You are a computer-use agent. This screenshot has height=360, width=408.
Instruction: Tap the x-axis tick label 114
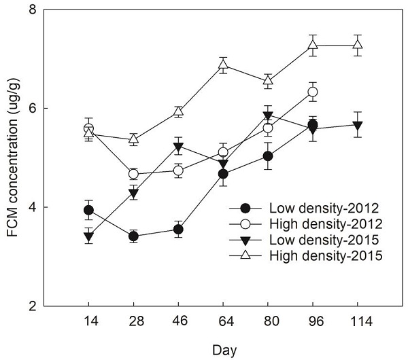tap(358, 320)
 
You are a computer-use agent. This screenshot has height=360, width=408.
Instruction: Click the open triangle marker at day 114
tap(358, 45)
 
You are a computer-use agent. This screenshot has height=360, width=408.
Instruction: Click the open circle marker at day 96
tap(313, 92)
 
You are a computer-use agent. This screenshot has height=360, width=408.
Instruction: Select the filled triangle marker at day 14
tap(88, 236)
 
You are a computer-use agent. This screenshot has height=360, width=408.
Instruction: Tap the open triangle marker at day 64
tap(223, 65)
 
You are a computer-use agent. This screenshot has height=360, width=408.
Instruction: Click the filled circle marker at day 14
tap(88, 210)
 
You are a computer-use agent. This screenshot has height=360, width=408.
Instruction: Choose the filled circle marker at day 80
tap(268, 156)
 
